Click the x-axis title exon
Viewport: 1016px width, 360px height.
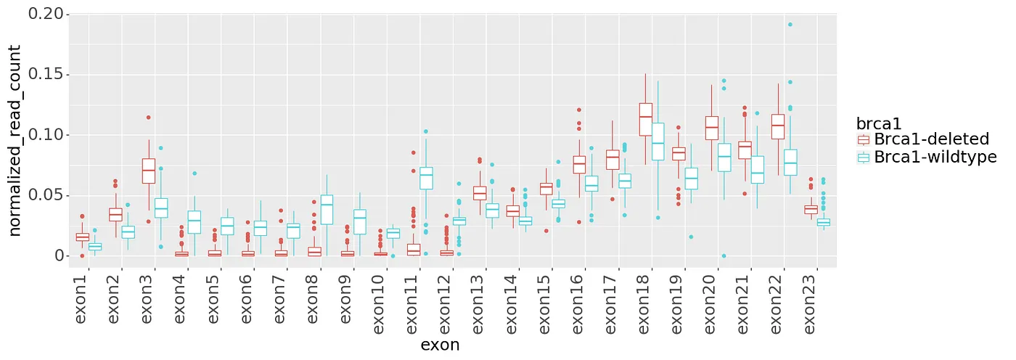click(440, 345)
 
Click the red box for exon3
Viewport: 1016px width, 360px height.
click(149, 171)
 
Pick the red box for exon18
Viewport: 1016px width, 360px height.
click(645, 119)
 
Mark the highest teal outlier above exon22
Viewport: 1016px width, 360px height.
click(790, 25)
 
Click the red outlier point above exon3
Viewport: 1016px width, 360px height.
click(149, 118)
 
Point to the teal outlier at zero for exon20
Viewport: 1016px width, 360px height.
click(724, 256)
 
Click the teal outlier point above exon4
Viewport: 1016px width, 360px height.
click(194, 173)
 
